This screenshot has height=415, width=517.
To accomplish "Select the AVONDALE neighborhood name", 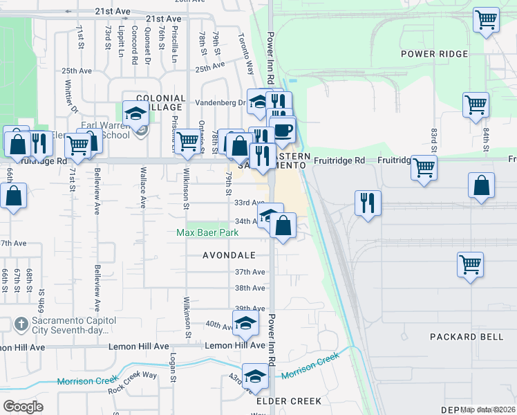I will tap(229, 255).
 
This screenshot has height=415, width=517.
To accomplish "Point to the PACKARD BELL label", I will tap(462, 337).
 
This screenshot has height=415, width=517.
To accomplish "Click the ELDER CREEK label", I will tap(288, 401).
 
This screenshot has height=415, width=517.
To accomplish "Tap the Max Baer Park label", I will tap(203, 233).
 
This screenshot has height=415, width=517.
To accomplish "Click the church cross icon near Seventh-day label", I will tap(21, 324).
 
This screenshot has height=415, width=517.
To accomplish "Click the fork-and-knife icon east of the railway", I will tap(368, 203).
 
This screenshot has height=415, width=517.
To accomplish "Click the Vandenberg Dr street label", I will tap(226, 102).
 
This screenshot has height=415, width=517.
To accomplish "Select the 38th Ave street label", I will tap(250, 288).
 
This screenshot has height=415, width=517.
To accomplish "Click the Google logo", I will tap(23, 406).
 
